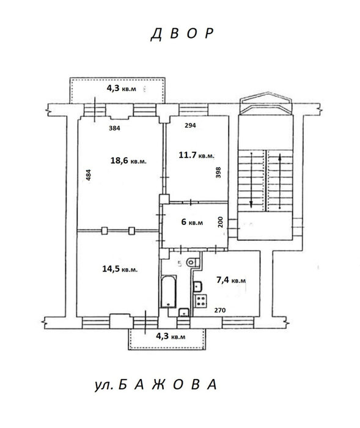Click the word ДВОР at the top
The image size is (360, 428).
182,34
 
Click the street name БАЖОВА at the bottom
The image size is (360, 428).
168,385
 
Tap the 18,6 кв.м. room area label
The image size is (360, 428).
128,160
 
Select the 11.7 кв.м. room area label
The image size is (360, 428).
197,155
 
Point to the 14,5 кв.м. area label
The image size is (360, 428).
120,269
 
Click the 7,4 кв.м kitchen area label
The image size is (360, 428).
231,280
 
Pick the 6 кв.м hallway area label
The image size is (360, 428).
192,222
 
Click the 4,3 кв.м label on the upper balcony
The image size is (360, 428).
121,89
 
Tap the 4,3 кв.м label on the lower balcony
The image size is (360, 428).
171,336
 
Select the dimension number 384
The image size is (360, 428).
114,128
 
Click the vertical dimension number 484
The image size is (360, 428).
89,175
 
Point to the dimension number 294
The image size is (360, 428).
190,125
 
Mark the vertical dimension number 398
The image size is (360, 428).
218,172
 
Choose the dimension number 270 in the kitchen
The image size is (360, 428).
220,311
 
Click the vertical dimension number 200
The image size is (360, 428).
221,222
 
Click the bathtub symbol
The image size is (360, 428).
169,292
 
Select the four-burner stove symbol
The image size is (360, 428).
200,300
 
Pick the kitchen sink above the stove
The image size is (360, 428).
198,286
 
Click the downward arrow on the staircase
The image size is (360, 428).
251,179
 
